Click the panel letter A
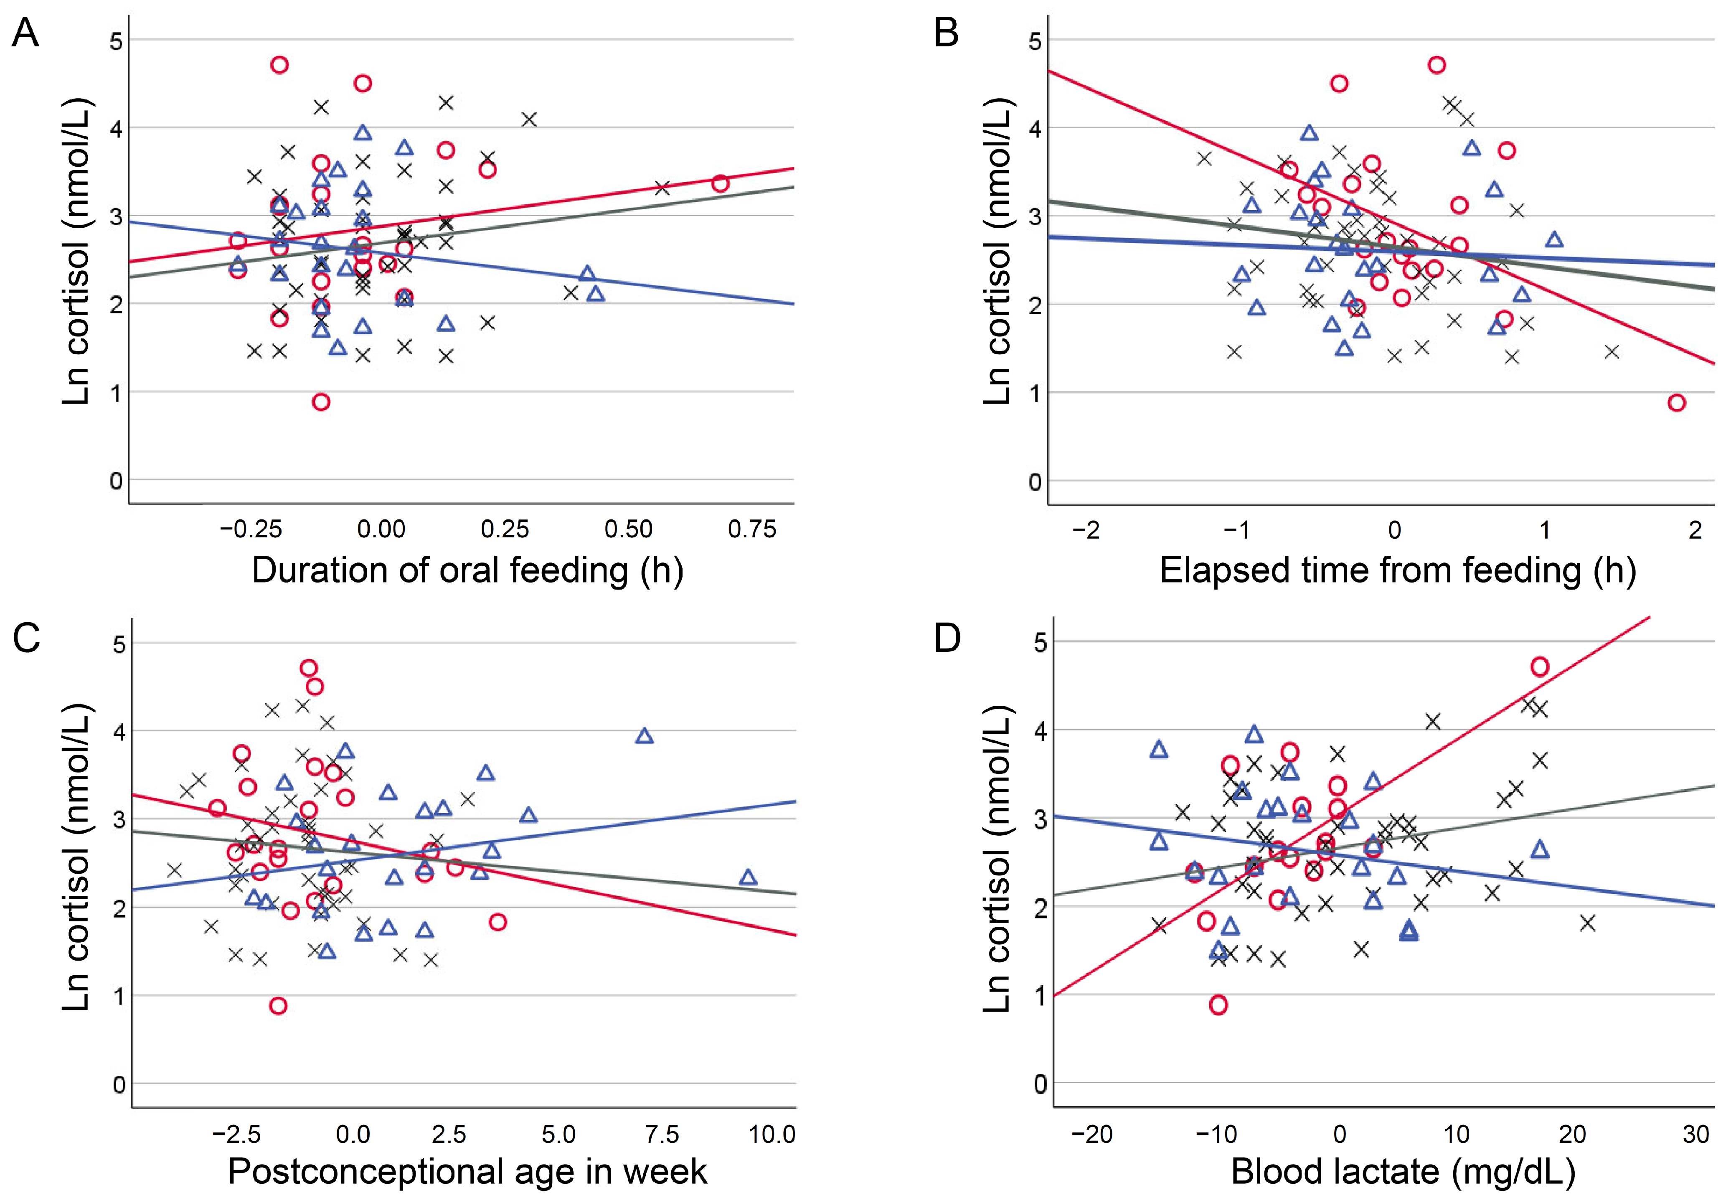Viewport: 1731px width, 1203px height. click(25, 34)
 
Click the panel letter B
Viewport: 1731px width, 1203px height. click(947, 34)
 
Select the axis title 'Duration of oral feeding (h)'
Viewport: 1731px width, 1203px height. click(467, 571)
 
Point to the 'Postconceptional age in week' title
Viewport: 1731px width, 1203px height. click(467, 1172)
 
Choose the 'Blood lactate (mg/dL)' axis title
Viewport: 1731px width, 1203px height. click(1402, 1172)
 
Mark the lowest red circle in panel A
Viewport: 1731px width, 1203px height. click(321, 402)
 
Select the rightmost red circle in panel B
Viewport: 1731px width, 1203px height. click(1676, 402)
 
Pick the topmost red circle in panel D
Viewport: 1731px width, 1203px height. click(1540, 666)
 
